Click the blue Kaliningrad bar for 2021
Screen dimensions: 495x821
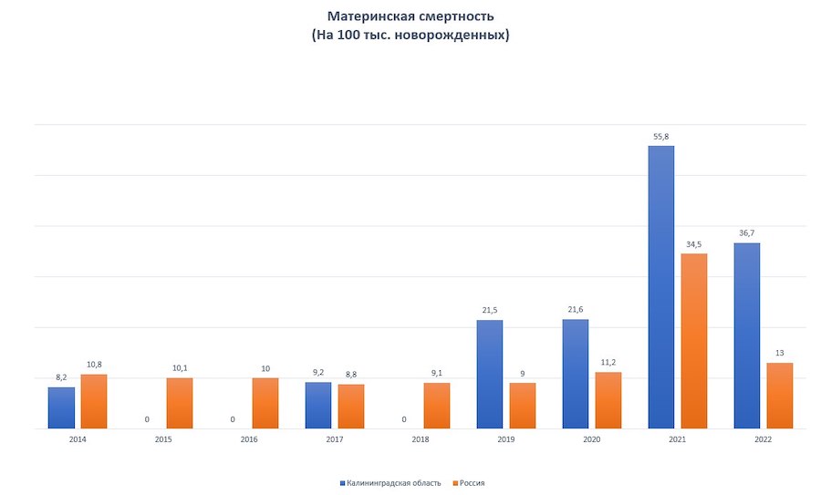pyautogui.click(x=661, y=287)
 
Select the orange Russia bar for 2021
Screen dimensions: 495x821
pyautogui.click(x=693, y=341)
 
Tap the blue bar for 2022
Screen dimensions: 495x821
pyautogui.click(x=747, y=335)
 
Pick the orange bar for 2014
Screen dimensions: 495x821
pyautogui.click(x=93, y=401)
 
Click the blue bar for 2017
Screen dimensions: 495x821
pyautogui.click(x=318, y=405)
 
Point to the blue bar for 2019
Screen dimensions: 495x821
pyautogui.click(x=490, y=374)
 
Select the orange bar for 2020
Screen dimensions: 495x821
pyautogui.click(x=608, y=400)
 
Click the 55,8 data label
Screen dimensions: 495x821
pyautogui.click(x=660, y=136)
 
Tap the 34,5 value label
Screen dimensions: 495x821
pyautogui.click(x=693, y=243)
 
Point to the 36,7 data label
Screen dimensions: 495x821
pyautogui.click(x=746, y=233)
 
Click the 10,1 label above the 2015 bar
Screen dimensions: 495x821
pyautogui.click(x=180, y=368)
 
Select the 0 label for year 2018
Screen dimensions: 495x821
pyautogui.click(x=404, y=419)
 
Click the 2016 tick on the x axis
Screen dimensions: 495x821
pyautogui.click(x=249, y=439)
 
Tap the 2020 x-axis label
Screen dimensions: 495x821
pyautogui.click(x=592, y=439)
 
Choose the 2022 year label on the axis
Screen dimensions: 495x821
pyautogui.click(x=764, y=439)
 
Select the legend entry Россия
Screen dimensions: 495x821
pyautogui.click(x=471, y=482)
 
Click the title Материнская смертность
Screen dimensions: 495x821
pyautogui.click(x=410, y=16)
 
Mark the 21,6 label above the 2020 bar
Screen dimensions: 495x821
pyautogui.click(x=576, y=310)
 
